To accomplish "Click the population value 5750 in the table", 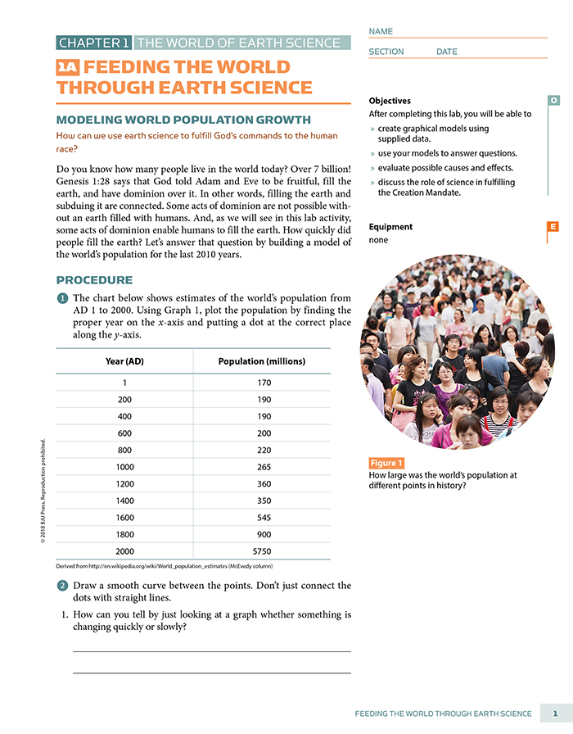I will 263,551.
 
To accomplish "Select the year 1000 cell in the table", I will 124,467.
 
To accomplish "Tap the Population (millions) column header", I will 262,361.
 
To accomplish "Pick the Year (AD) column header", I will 124,361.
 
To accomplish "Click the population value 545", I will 263,518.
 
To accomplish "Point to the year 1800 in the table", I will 124,535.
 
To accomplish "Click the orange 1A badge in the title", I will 68,68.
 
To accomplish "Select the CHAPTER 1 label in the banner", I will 94,43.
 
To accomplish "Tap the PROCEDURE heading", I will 94,280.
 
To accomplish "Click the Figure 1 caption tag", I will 386,464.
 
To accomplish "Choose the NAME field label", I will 381,31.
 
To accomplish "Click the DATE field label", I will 447,52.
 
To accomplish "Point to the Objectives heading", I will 390,101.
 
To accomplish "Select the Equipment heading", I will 390,227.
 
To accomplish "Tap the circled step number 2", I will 62,587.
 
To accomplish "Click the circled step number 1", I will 62,299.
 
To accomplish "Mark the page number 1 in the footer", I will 555,714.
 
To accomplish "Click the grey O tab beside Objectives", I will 553,100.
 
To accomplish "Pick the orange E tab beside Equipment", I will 553,227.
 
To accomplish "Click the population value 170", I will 263,383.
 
